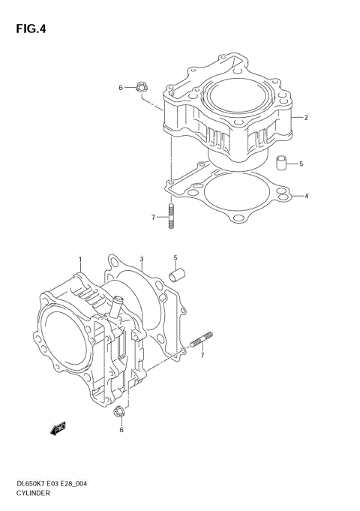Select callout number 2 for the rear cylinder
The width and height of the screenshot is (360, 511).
point(306,118)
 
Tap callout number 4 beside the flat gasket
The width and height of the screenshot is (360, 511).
point(306,197)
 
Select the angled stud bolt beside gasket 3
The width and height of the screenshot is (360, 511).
point(203,341)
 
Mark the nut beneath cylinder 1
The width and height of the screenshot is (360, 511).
point(118,412)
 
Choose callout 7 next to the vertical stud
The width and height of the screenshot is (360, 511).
point(153,218)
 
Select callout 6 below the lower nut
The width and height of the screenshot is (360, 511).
point(121,430)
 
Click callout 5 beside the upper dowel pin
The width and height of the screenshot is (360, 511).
point(301,164)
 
